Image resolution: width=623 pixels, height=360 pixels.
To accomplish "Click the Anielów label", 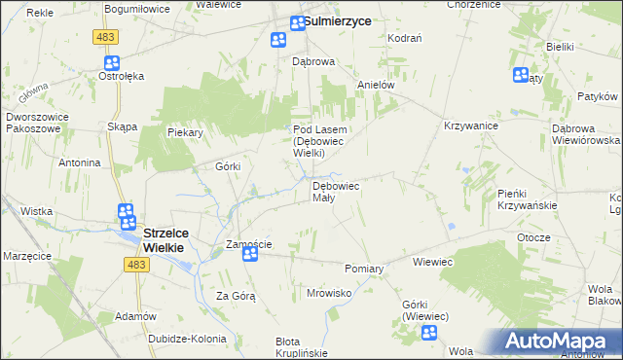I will point(376,85).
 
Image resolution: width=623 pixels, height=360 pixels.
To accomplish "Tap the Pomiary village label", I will point(365,268).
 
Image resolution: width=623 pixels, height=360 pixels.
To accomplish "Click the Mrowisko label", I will point(328,292).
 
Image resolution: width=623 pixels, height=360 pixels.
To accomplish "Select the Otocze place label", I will point(534,237).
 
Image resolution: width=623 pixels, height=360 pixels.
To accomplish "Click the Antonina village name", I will point(80,162).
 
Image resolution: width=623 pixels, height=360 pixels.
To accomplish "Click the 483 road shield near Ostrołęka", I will point(107,37).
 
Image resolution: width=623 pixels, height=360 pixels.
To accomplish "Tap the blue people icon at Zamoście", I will point(250,254).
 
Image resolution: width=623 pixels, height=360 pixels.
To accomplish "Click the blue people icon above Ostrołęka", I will point(110,61).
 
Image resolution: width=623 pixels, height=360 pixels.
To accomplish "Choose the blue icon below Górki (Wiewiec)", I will point(429,334).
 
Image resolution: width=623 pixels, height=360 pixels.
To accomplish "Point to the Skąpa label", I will point(123,127).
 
